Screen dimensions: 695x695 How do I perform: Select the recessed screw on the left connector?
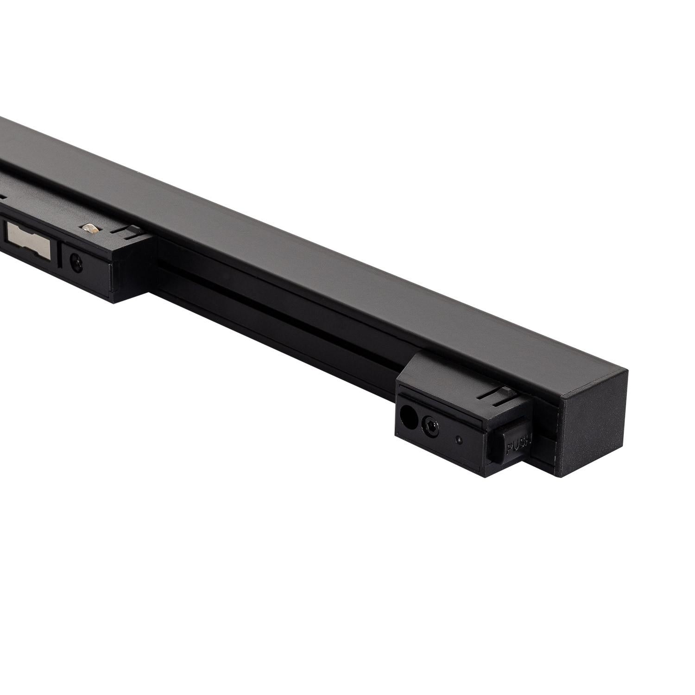coord(74,261)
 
